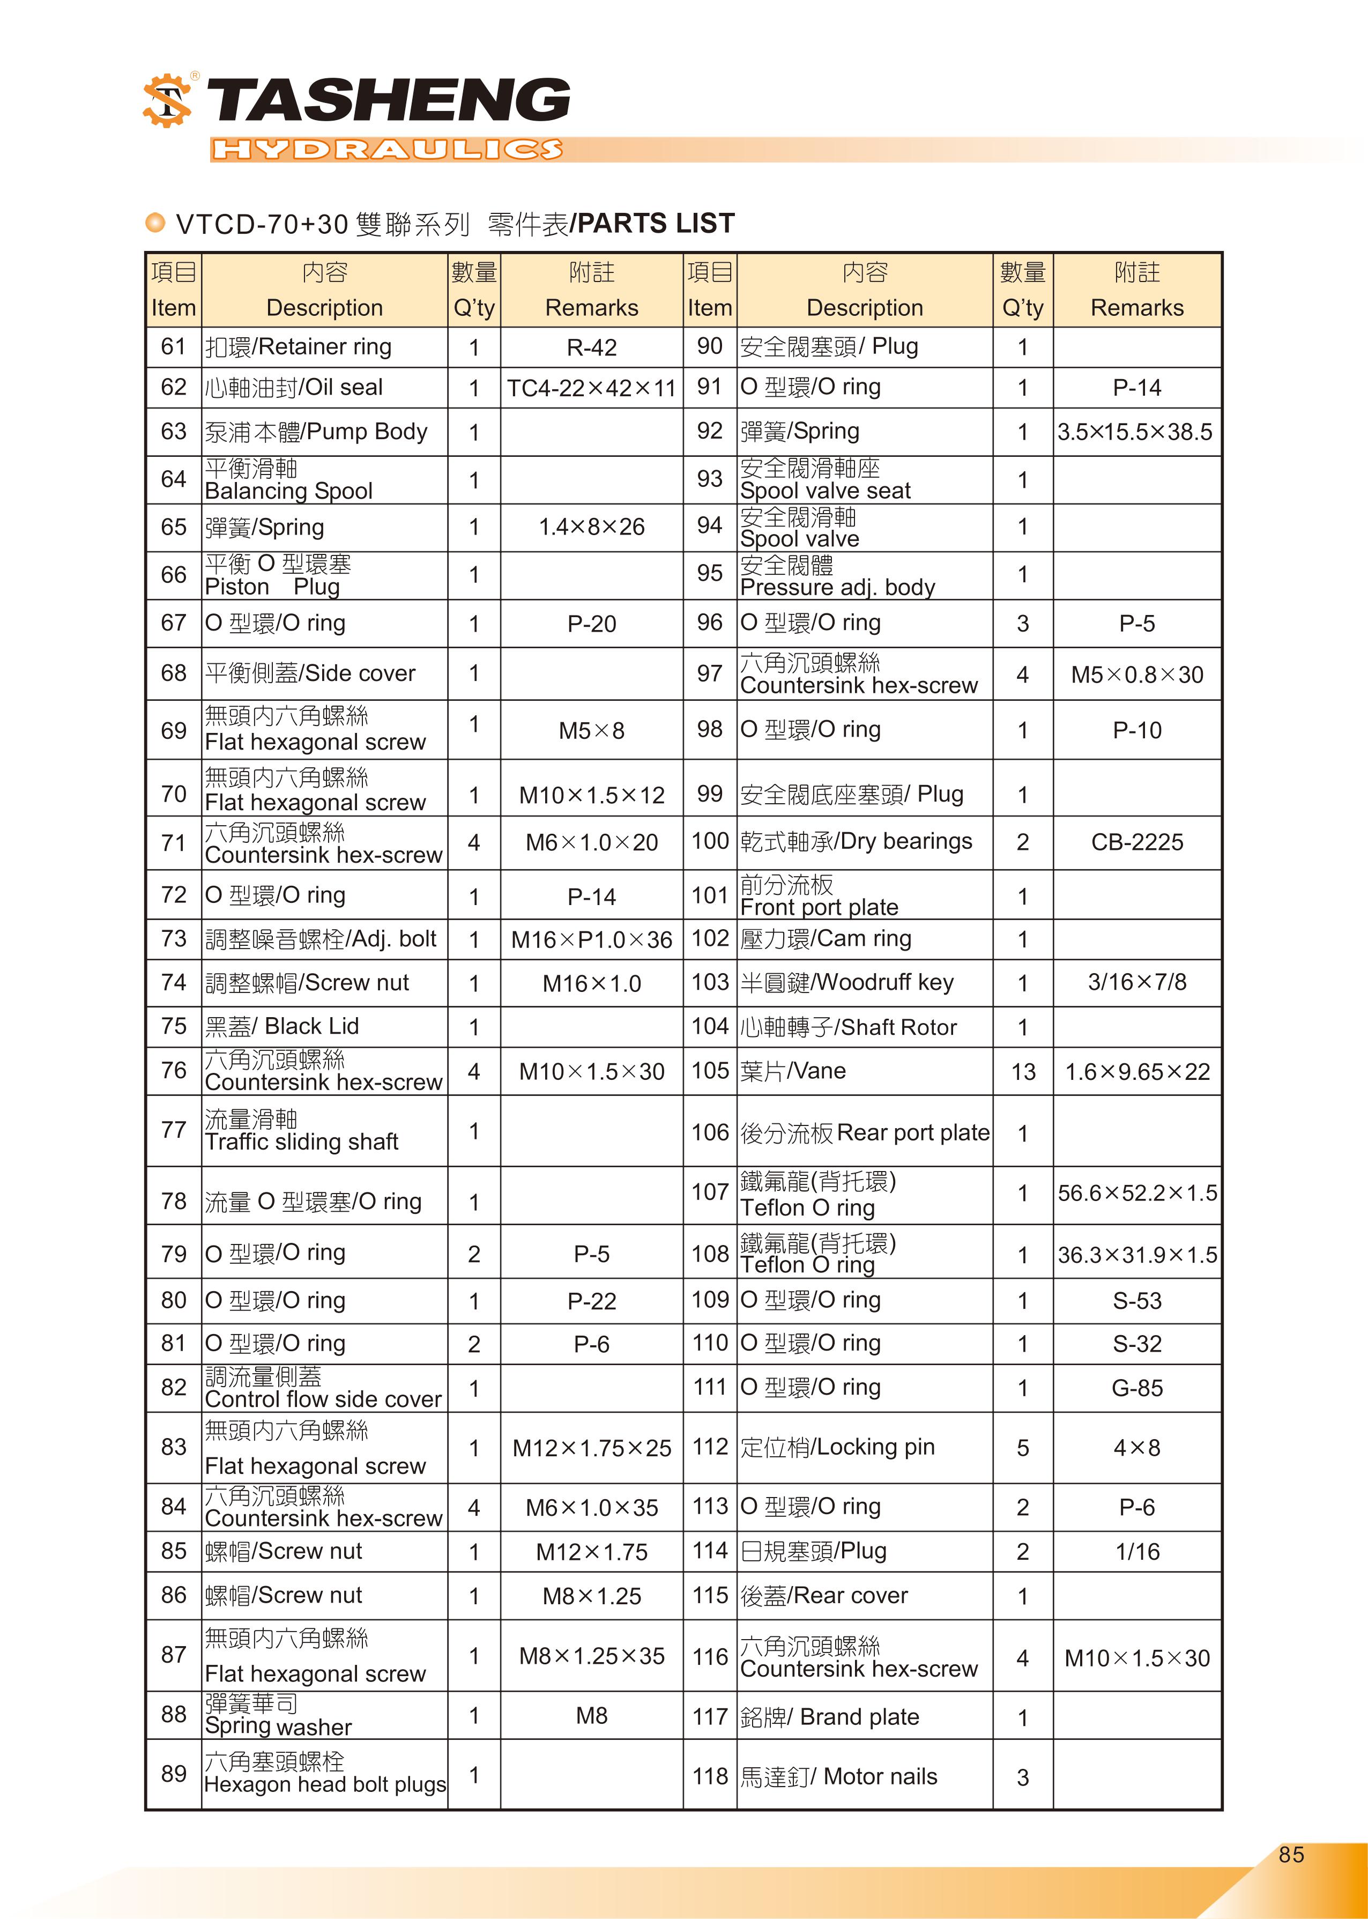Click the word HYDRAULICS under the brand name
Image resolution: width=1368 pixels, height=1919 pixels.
386,150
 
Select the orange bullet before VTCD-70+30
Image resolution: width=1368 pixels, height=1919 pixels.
155,223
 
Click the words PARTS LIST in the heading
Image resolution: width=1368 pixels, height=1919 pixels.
656,223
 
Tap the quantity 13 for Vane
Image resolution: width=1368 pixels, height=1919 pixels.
1023,1071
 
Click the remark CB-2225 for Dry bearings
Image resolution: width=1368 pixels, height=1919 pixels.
1136,842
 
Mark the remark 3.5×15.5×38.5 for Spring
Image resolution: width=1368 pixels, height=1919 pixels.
1135,432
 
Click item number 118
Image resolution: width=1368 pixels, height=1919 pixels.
709,1776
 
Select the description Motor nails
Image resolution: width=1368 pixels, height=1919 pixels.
838,1776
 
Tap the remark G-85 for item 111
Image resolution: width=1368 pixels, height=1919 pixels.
1136,1388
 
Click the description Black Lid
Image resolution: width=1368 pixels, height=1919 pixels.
282,1026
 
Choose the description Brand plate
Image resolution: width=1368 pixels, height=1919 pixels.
830,1717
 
